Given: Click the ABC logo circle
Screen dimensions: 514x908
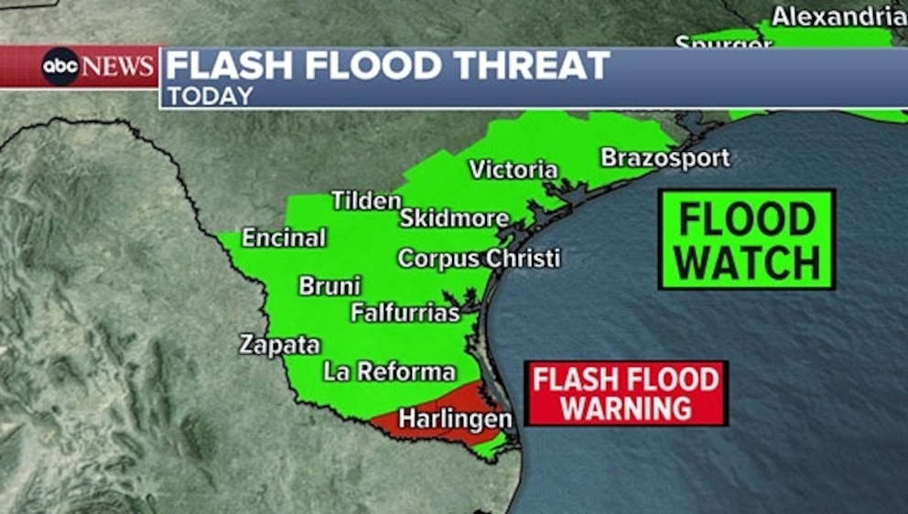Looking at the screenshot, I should (60, 67).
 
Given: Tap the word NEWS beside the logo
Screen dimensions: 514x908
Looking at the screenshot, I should (118, 67).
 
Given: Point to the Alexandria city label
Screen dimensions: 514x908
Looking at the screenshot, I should (838, 16).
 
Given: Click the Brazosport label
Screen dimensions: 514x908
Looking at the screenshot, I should (665, 157).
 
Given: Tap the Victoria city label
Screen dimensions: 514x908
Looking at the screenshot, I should (513, 169).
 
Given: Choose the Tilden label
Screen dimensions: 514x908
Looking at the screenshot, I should (366, 200).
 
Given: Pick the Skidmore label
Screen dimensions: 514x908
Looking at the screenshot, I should (454, 219).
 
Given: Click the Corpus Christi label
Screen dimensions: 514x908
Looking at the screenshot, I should (479, 259).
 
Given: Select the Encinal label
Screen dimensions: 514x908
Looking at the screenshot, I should (284, 238).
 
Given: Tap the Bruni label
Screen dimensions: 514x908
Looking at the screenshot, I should (330, 286).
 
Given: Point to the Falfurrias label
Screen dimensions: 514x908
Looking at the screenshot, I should (405, 313).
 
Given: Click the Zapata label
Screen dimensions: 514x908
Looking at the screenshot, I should (280, 345).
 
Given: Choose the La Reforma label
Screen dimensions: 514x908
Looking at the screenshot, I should (389, 371).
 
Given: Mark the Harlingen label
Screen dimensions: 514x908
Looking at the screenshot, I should (456, 419).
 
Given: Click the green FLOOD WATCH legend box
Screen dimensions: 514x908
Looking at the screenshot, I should (747, 240).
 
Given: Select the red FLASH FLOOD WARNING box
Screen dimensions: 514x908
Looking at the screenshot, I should (626, 393).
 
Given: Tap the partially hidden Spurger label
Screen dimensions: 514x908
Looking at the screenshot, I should (723, 42).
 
